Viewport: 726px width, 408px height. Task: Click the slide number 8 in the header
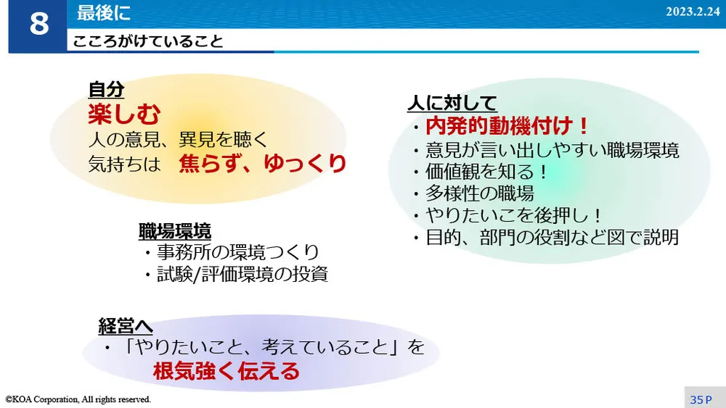38,25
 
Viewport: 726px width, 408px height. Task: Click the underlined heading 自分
106,89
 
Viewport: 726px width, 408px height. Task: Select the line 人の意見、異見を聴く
179,138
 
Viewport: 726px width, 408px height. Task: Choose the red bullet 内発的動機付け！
507,126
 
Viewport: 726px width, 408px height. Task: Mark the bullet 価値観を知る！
486,172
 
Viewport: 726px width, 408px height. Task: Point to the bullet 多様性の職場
479,193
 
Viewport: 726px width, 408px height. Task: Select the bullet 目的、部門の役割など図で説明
552,237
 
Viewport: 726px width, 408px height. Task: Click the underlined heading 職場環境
175,231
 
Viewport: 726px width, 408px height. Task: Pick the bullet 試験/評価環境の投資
242,275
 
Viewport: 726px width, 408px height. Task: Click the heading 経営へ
126,326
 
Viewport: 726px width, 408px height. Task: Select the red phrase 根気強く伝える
226,372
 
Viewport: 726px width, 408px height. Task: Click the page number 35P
701,399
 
